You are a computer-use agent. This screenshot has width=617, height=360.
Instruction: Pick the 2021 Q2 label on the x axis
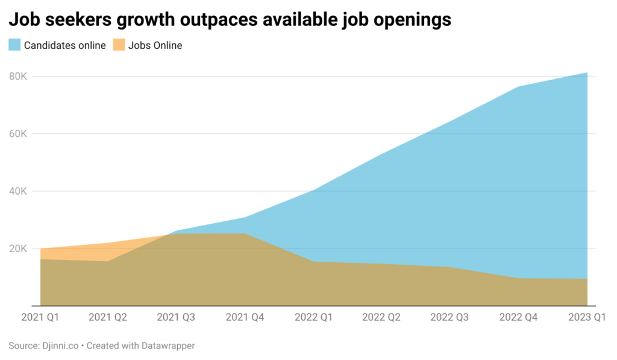coord(108,317)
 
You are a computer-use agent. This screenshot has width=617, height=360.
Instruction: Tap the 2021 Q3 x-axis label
coord(177,317)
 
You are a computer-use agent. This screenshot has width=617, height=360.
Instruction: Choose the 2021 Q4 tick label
coord(245,317)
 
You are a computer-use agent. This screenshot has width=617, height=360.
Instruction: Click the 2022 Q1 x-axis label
coord(313,317)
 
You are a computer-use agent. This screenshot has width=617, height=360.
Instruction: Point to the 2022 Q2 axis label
coord(382,317)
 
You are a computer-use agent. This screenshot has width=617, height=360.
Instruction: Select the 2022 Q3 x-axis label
coord(450,317)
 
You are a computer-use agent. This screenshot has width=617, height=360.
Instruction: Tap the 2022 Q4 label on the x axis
coord(519,317)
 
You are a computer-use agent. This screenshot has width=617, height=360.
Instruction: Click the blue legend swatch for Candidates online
coord(14,45)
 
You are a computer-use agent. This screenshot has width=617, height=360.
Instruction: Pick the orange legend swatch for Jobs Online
coord(119,45)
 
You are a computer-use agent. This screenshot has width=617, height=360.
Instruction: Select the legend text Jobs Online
coord(155,45)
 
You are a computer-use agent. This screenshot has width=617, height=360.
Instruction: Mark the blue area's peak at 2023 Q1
coord(587,73)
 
